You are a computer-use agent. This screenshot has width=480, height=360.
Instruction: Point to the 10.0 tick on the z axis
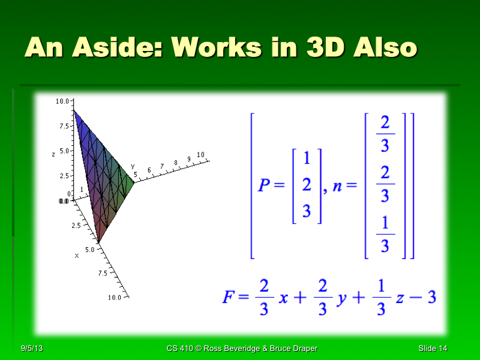61,102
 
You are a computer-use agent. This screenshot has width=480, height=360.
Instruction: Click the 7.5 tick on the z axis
63,127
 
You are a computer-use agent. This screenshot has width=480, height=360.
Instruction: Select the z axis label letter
54,154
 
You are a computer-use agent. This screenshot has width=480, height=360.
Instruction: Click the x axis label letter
77,256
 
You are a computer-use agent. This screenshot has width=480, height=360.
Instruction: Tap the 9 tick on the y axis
188,158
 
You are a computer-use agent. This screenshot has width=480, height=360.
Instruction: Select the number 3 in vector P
307,211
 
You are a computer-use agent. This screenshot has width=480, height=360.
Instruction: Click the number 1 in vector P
307,159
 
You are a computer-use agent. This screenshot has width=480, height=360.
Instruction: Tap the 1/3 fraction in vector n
385,234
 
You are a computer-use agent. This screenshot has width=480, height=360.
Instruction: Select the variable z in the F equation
400,298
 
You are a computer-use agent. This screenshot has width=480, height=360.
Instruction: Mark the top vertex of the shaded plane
74,110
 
